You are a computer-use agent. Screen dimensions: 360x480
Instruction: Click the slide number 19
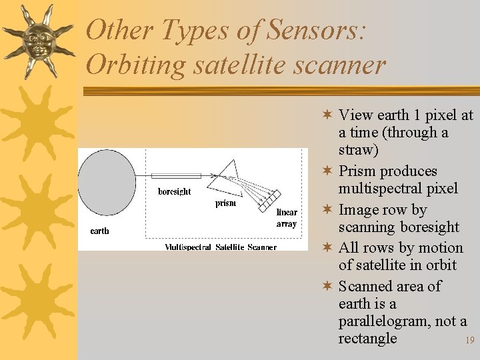[469, 341]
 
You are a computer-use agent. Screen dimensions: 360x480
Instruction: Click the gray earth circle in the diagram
[107, 182]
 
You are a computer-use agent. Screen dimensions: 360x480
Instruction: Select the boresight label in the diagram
[174, 192]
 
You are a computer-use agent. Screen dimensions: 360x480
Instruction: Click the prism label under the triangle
[225, 203]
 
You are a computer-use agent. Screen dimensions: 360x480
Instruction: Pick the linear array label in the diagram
[286, 218]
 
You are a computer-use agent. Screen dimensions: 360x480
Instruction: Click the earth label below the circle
[99, 231]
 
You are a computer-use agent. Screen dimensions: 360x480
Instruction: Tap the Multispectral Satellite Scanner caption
[221, 247]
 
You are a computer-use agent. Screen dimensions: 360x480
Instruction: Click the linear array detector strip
[271, 198]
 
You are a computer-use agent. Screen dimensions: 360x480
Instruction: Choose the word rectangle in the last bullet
[367, 338]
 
